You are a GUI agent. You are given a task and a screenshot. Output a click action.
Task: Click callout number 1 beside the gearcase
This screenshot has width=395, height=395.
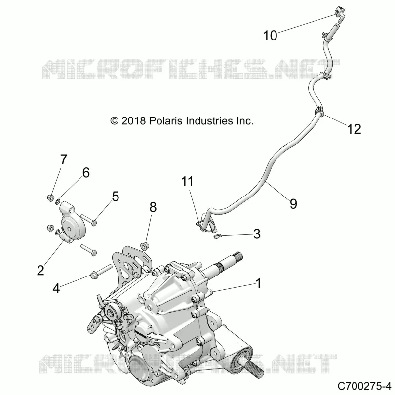(258, 283)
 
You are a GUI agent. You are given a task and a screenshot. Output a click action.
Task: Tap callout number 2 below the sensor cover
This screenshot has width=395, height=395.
(40, 270)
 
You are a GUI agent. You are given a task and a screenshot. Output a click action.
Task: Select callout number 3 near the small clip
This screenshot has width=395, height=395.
(257, 234)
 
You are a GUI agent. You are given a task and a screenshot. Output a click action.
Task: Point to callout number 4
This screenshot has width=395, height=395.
(56, 288)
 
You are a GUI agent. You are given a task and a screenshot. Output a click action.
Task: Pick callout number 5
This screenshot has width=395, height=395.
(116, 197)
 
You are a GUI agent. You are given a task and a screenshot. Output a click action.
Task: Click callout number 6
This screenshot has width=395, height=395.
(86, 173)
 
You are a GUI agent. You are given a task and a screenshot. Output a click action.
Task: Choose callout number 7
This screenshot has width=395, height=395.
(64, 159)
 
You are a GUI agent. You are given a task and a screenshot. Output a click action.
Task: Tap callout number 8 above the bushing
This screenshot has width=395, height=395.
(153, 207)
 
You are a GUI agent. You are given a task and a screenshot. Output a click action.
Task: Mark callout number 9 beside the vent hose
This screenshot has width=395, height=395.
(293, 204)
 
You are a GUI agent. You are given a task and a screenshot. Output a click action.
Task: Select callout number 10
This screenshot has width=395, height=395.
(270, 35)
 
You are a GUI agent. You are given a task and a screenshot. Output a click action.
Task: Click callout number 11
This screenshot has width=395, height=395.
(188, 181)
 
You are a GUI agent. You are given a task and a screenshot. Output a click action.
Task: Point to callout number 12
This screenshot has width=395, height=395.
(354, 129)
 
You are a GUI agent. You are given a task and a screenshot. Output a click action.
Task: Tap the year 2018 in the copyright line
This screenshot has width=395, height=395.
(133, 121)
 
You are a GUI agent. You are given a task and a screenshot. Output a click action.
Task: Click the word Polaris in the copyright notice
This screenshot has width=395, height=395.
(166, 121)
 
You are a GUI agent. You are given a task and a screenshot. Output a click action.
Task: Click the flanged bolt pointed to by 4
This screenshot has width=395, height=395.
(101, 271)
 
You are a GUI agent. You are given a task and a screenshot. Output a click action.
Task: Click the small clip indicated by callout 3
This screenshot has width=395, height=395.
(217, 236)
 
